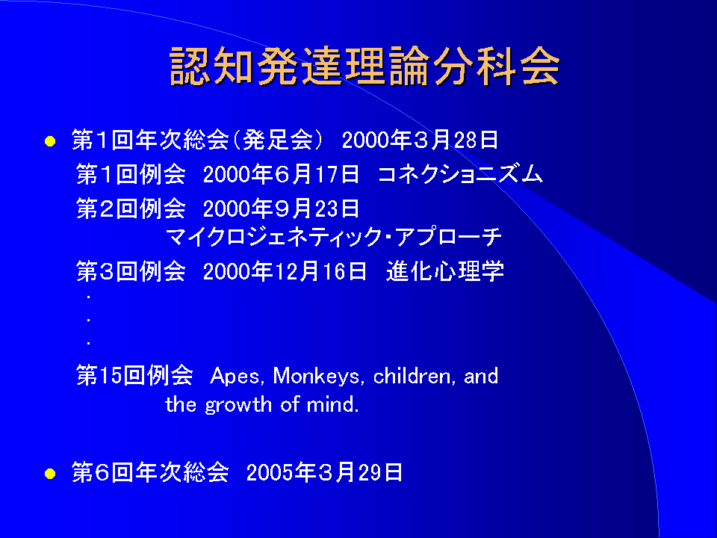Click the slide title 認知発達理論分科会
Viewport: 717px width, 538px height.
(364, 66)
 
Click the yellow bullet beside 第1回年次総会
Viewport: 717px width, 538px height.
(50, 141)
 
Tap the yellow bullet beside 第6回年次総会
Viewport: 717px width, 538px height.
(50, 474)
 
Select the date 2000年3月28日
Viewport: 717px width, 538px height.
(420, 140)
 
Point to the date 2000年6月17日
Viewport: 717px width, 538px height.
(281, 174)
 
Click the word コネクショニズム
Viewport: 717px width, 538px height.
(461, 174)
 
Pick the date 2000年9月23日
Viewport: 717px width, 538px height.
(281, 208)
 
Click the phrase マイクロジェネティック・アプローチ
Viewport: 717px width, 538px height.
(333, 237)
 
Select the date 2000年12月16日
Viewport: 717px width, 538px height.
(285, 271)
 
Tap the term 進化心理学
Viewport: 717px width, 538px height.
(445, 270)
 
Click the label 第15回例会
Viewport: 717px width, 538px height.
(134, 375)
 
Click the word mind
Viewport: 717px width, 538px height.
(332, 404)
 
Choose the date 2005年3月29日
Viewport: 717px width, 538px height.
(324, 472)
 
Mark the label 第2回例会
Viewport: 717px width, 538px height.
(131, 208)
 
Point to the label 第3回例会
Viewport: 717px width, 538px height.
(131, 271)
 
